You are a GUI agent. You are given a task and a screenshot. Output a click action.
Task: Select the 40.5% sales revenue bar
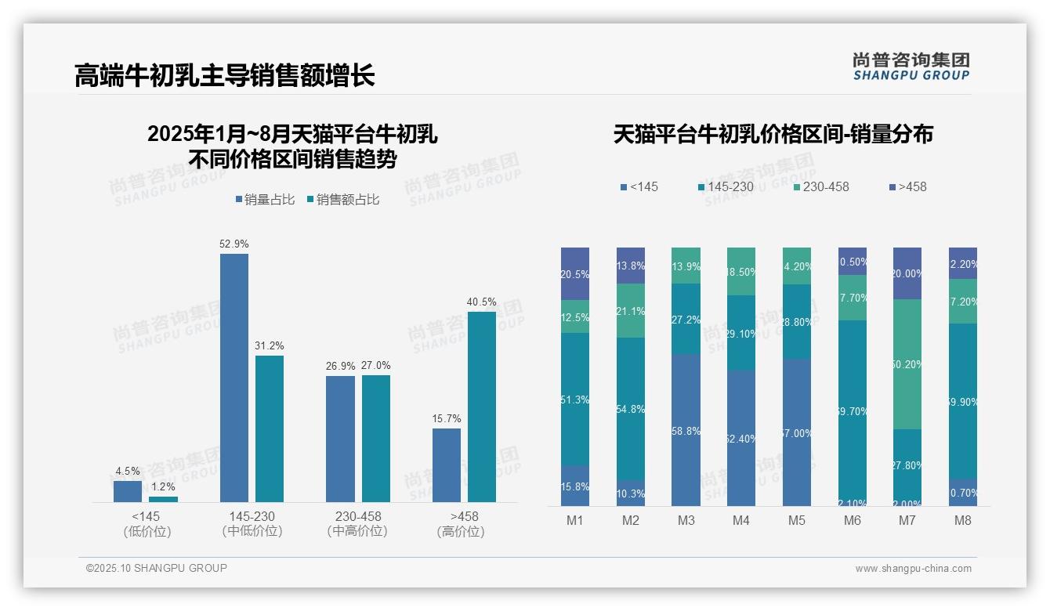[482, 407]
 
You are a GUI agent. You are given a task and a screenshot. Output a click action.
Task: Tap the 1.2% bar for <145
[163, 499]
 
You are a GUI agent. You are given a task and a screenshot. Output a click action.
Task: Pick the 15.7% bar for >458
[446, 465]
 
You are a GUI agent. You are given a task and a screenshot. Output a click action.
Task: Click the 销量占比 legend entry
[264, 200]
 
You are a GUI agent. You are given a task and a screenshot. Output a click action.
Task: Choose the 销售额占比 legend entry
[343, 200]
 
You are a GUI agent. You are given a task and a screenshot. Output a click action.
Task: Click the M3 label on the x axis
[686, 521]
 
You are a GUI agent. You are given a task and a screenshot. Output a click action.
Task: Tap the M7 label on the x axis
[907, 521]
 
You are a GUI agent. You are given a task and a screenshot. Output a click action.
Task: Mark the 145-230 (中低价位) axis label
[252, 523]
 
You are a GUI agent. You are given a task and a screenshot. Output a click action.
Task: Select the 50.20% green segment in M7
[907, 364]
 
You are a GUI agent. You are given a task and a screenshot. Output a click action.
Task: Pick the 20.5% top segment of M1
[575, 273]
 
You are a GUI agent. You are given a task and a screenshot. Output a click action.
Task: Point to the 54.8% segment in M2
[630, 409]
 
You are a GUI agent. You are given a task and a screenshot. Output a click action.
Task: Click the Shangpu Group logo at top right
[911, 66]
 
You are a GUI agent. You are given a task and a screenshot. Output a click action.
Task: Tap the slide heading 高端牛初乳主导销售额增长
[225, 75]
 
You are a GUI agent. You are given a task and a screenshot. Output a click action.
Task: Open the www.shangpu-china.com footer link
[913, 569]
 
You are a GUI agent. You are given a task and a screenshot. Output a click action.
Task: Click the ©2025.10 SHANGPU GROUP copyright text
[157, 568]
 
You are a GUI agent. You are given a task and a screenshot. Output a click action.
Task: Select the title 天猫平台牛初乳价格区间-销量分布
[773, 134]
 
